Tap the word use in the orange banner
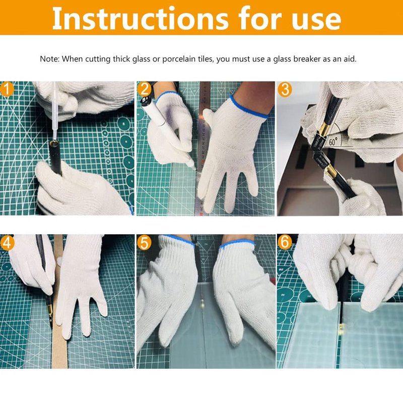316,20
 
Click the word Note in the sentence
49,59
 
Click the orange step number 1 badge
7,89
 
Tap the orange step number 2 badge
145,89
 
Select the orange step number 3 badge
285,90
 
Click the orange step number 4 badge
7,242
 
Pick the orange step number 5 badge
144,243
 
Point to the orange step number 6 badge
285,242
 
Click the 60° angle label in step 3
333,141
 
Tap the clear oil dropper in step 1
54,110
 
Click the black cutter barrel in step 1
55,156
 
